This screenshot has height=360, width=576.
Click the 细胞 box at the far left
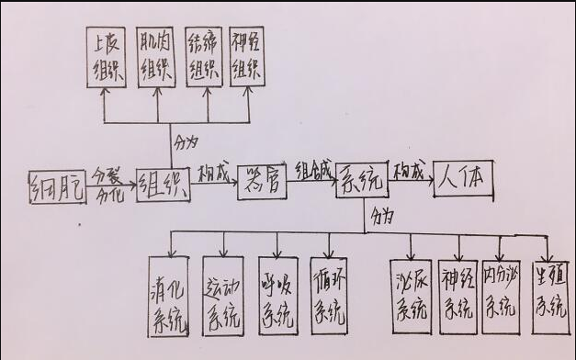point(57,187)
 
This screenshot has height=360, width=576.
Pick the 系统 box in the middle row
point(361,180)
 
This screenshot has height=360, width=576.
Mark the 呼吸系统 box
point(277,296)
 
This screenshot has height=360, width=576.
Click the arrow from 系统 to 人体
point(412,182)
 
